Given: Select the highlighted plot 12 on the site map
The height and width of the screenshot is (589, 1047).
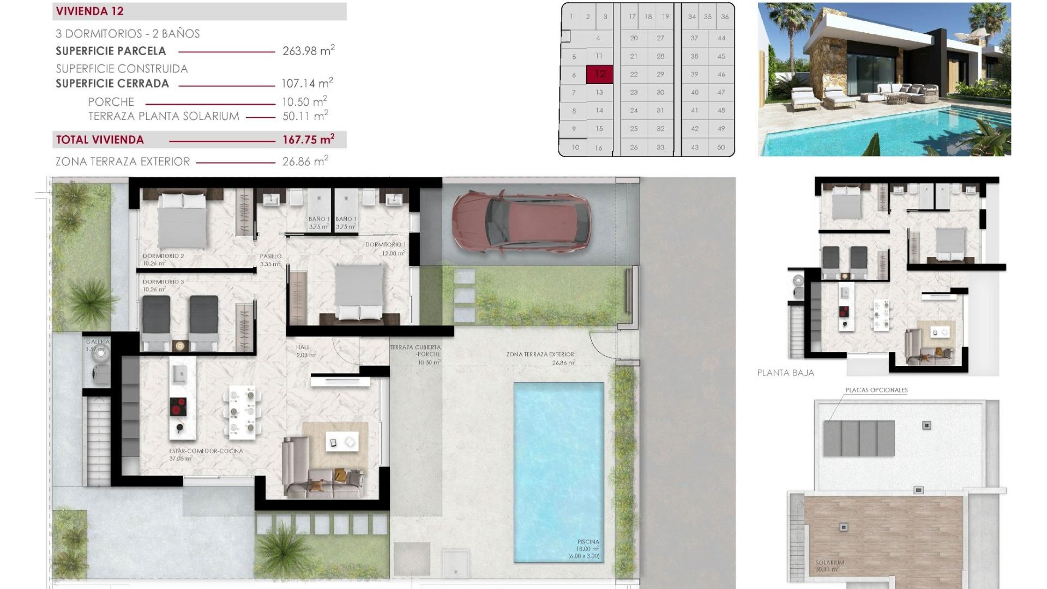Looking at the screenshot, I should [600, 74].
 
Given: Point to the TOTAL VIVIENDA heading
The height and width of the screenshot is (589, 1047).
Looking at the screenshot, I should [100, 140].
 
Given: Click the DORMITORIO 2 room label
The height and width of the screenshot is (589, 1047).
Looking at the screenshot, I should [163, 256].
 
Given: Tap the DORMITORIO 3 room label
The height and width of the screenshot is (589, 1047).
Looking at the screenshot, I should [163, 282].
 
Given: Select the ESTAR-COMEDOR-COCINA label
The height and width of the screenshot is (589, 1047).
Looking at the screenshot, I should [206, 451].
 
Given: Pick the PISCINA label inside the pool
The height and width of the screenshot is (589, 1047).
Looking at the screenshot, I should [588, 542].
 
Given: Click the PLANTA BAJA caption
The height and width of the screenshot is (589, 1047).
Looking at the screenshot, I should [785, 373].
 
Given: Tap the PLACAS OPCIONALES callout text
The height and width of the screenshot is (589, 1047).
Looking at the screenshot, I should [876, 390].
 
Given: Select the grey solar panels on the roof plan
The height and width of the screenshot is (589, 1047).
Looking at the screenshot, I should [859, 438].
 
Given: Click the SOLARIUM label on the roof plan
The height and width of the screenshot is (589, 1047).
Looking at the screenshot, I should [829, 562].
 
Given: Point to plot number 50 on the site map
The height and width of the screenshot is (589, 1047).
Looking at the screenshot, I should [721, 147].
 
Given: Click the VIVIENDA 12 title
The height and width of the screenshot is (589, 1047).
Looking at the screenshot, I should [89, 11].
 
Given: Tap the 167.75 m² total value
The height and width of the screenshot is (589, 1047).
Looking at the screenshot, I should [308, 140].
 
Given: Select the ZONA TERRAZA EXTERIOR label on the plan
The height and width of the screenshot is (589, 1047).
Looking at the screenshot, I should [540, 354].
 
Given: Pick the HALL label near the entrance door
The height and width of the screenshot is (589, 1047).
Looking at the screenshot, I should [303, 347].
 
